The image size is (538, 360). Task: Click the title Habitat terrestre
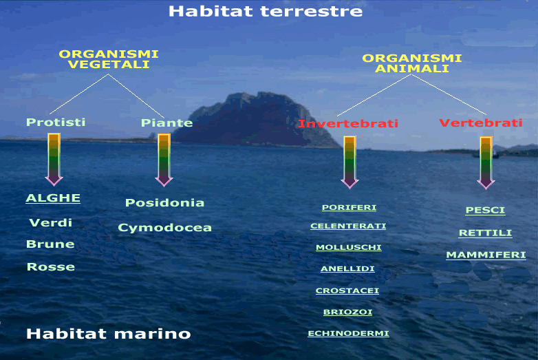(x=266, y=11)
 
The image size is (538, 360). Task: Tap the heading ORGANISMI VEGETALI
(x=109, y=59)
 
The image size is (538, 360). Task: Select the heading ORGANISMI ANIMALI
(x=411, y=63)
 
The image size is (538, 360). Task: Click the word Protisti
(x=56, y=122)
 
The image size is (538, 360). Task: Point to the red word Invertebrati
(x=348, y=123)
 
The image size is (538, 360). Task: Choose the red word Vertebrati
(x=481, y=123)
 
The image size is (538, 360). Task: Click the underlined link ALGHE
(x=53, y=198)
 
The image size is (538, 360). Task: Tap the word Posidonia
(x=164, y=202)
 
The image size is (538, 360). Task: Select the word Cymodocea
(x=164, y=228)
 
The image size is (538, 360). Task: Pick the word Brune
(x=50, y=244)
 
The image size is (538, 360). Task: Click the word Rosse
(x=51, y=266)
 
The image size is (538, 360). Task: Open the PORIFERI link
(x=349, y=207)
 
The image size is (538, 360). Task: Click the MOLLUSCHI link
(x=349, y=247)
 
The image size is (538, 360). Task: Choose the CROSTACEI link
(x=347, y=290)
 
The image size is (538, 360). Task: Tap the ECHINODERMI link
(x=348, y=333)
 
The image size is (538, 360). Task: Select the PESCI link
(x=485, y=210)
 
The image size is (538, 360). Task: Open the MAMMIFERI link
(x=486, y=255)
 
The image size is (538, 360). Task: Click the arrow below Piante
(x=164, y=160)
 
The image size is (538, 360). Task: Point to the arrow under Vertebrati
(x=486, y=163)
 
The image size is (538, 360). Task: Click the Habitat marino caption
(x=109, y=334)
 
